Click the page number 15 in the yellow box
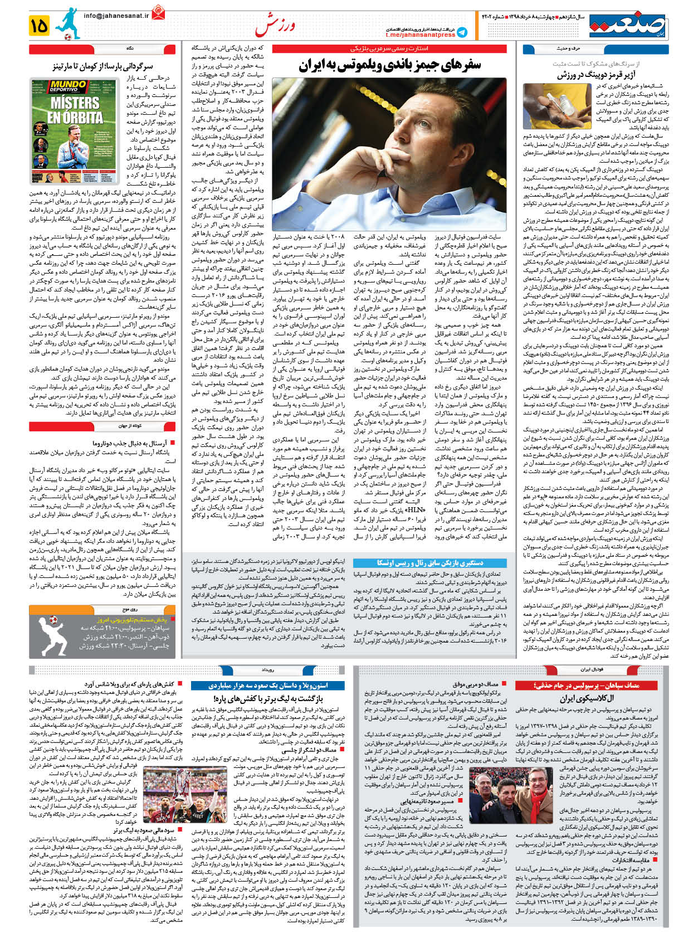tap(40, 26)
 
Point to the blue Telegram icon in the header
tap(462, 32)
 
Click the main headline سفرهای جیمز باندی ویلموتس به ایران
tap(390, 65)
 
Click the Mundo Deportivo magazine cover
tap(75, 132)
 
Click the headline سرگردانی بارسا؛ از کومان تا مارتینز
tap(103, 66)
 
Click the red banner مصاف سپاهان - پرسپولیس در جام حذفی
tap(592, 685)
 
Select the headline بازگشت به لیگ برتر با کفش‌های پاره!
tap(269, 698)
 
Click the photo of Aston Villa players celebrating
tap(186, 799)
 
